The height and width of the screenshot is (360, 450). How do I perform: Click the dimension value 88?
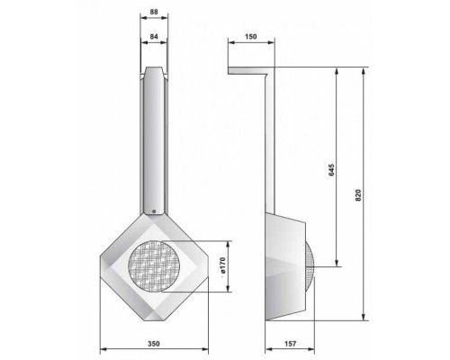pyautogui.click(x=154, y=12)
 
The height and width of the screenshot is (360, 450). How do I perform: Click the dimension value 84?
pyautogui.click(x=154, y=37)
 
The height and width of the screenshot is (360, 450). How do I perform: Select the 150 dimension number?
pyautogui.click(x=251, y=37)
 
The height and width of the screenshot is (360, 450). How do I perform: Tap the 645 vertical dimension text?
pyautogui.click(x=331, y=169)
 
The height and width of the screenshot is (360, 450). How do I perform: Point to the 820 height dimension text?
pyautogui.click(x=358, y=195)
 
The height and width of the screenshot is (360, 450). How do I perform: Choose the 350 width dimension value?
pyautogui.click(x=154, y=344)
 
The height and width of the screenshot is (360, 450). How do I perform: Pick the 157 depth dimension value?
pyautogui.click(x=290, y=344)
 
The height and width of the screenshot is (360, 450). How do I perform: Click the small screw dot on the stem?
pyautogui.click(x=154, y=211)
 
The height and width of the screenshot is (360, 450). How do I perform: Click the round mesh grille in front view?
pyautogui.click(x=155, y=266)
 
